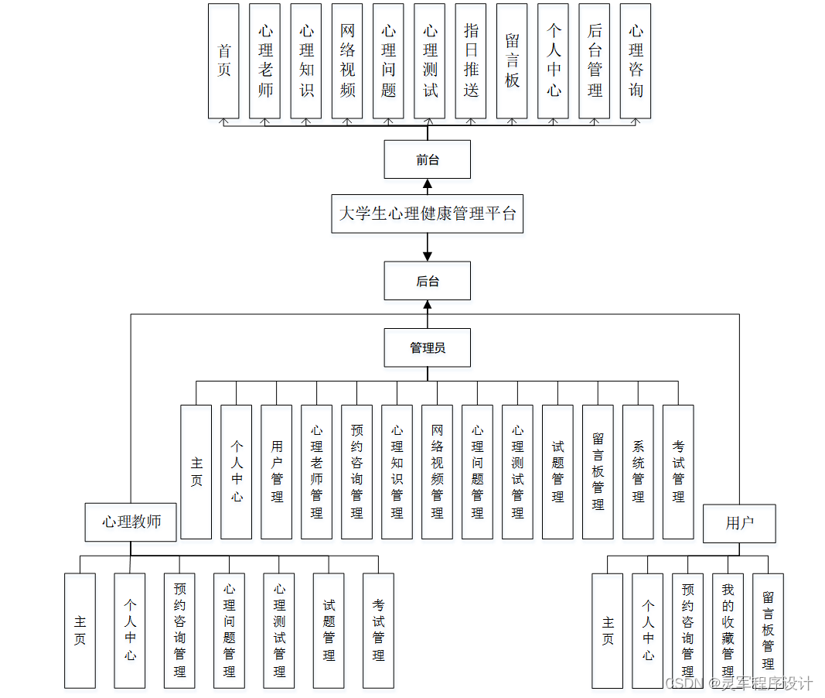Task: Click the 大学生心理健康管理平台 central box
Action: click(x=428, y=214)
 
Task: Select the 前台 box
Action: click(x=428, y=160)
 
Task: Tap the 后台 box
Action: click(x=428, y=281)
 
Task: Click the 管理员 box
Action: click(x=428, y=348)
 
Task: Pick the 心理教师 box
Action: click(x=131, y=522)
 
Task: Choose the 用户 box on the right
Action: click(x=739, y=524)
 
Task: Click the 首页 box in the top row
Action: click(x=223, y=61)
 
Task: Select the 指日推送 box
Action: click(x=471, y=61)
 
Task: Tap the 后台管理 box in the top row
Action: click(x=595, y=61)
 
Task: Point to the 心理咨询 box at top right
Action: click(x=636, y=61)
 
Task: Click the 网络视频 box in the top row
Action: click(x=347, y=61)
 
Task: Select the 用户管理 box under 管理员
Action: click(x=277, y=471)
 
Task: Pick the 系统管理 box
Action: click(x=638, y=471)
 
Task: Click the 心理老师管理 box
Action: click(x=317, y=471)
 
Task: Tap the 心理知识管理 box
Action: click(x=397, y=471)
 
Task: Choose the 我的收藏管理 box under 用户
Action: click(x=728, y=631)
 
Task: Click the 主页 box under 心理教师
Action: click(x=80, y=631)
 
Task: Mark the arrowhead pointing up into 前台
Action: click(x=428, y=185)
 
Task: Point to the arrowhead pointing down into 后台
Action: click(x=428, y=255)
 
